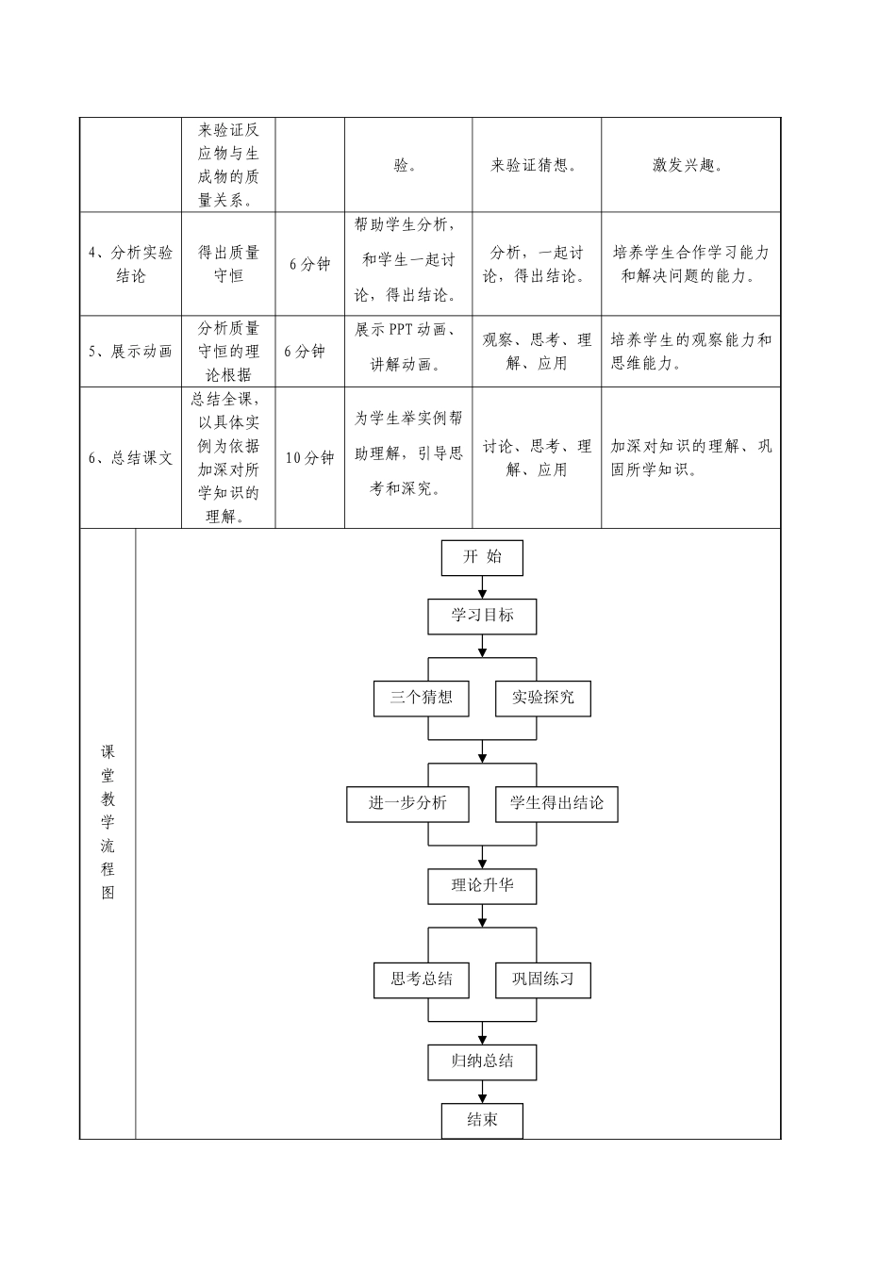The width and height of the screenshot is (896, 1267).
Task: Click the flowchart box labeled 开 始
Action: pos(482,557)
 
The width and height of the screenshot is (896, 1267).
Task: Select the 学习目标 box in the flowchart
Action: pos(482,616)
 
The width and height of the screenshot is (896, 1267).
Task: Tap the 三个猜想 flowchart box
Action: pos(421,698)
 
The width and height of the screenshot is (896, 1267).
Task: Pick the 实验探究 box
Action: pos(543,698)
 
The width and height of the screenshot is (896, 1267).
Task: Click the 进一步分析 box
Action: pos(407,803)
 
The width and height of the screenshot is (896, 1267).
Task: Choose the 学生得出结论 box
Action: pos(556,803)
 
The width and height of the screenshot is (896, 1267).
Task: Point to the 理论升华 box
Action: pos(482,886)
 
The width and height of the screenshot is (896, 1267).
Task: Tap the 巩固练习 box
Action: pos(543,979)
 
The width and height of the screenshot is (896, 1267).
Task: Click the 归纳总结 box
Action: pos(482,1061)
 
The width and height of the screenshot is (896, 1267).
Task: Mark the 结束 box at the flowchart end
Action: pos(482,1120)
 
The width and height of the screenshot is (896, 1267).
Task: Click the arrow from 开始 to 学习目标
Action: pos(483,587)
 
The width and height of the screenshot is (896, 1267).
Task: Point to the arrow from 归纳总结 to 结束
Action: pos(483,1092)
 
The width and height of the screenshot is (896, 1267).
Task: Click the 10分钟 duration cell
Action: pos(309,457)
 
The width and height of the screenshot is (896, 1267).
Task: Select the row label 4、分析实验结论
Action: pos(131,264)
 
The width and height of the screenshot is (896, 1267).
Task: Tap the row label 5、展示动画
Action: pos(131,352)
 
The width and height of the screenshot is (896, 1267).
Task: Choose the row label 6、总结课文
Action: pos(131,457)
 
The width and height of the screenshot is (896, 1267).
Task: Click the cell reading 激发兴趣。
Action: pos(689,165)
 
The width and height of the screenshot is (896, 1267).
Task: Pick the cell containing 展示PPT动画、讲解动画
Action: pos(407,348)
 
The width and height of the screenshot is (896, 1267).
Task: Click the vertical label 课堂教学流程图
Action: pos(108,822)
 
